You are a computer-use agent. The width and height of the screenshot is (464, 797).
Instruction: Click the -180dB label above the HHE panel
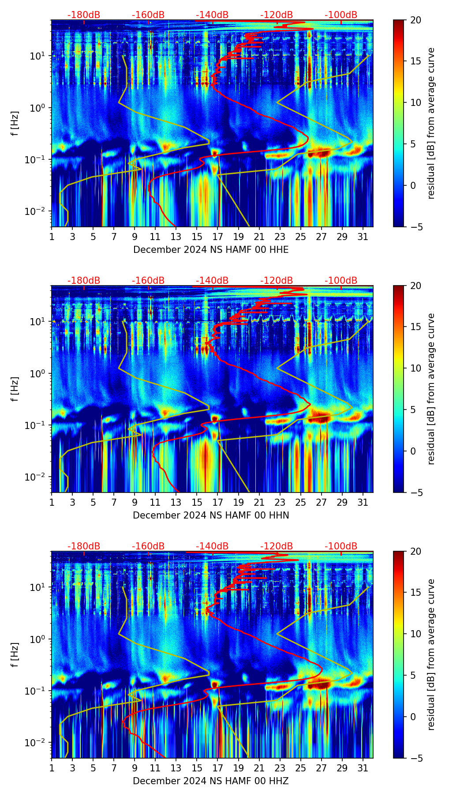[x=84, y=15]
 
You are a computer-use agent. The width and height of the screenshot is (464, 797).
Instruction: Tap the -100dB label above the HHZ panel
[x=341, y=546]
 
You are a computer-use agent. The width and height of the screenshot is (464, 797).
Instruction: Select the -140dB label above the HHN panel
[x=212, y=281]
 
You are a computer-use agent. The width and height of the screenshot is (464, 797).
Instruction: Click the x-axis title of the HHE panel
[x=211, y=250]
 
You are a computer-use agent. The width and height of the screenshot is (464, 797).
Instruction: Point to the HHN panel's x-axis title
[x=211, y=515]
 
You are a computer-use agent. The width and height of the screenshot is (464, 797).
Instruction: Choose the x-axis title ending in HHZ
[x=211, y=781]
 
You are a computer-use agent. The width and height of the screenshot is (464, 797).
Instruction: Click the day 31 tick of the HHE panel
[x=363, y=237]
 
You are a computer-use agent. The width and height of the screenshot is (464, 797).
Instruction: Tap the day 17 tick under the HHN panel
[x=218, y=503]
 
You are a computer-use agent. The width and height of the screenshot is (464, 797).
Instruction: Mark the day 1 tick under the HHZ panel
[x=52, y=768]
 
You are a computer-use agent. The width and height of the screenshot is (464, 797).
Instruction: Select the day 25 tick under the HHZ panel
[x=301, y=768]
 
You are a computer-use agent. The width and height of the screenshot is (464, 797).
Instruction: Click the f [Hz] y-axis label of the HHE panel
[x=15, y=124]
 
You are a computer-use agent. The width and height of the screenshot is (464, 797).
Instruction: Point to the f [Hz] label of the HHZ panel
[x=15, y=655]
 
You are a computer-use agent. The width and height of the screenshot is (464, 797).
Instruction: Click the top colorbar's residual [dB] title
[x=431, y=124]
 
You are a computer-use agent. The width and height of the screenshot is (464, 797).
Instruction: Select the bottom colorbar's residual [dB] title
[x=431, y=655]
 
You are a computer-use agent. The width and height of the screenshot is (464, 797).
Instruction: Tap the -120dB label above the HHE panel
[x=277, y=15]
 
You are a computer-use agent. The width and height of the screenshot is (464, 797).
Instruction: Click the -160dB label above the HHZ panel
[x=148, y=546]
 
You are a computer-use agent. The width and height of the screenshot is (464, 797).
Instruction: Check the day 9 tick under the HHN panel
[x=135, y=503]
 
